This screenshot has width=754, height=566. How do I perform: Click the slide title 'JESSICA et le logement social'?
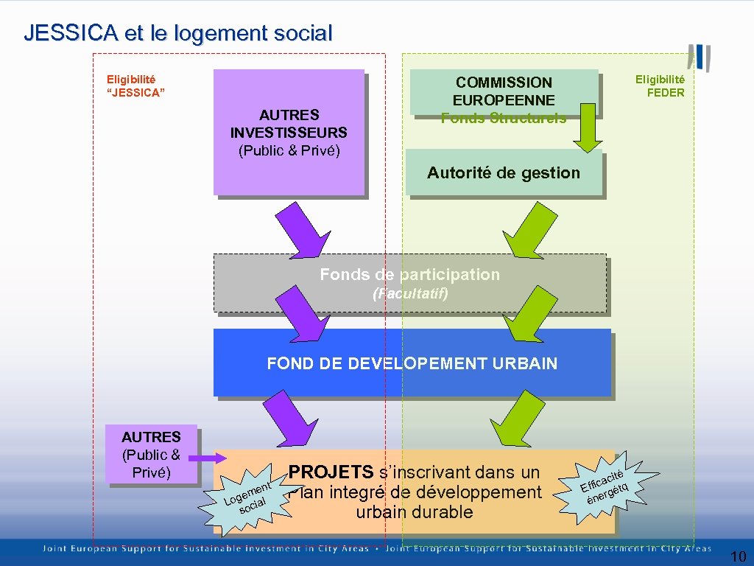coord(177,33)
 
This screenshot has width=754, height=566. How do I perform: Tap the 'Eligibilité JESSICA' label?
coord(135,85)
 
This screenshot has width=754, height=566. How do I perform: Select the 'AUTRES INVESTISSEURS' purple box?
coord(289,133)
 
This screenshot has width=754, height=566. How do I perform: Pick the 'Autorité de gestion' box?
coord(504,173)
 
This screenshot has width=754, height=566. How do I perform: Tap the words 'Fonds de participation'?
coord(409,275)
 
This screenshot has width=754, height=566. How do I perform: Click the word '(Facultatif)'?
coord(410,293)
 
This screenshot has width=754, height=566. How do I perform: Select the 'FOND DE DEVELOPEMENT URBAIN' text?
coord(412,363)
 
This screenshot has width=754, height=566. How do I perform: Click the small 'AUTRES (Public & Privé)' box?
coord(151,455)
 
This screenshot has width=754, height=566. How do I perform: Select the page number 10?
coord(738,556)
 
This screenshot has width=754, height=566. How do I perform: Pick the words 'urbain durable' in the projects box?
coord(414,512)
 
